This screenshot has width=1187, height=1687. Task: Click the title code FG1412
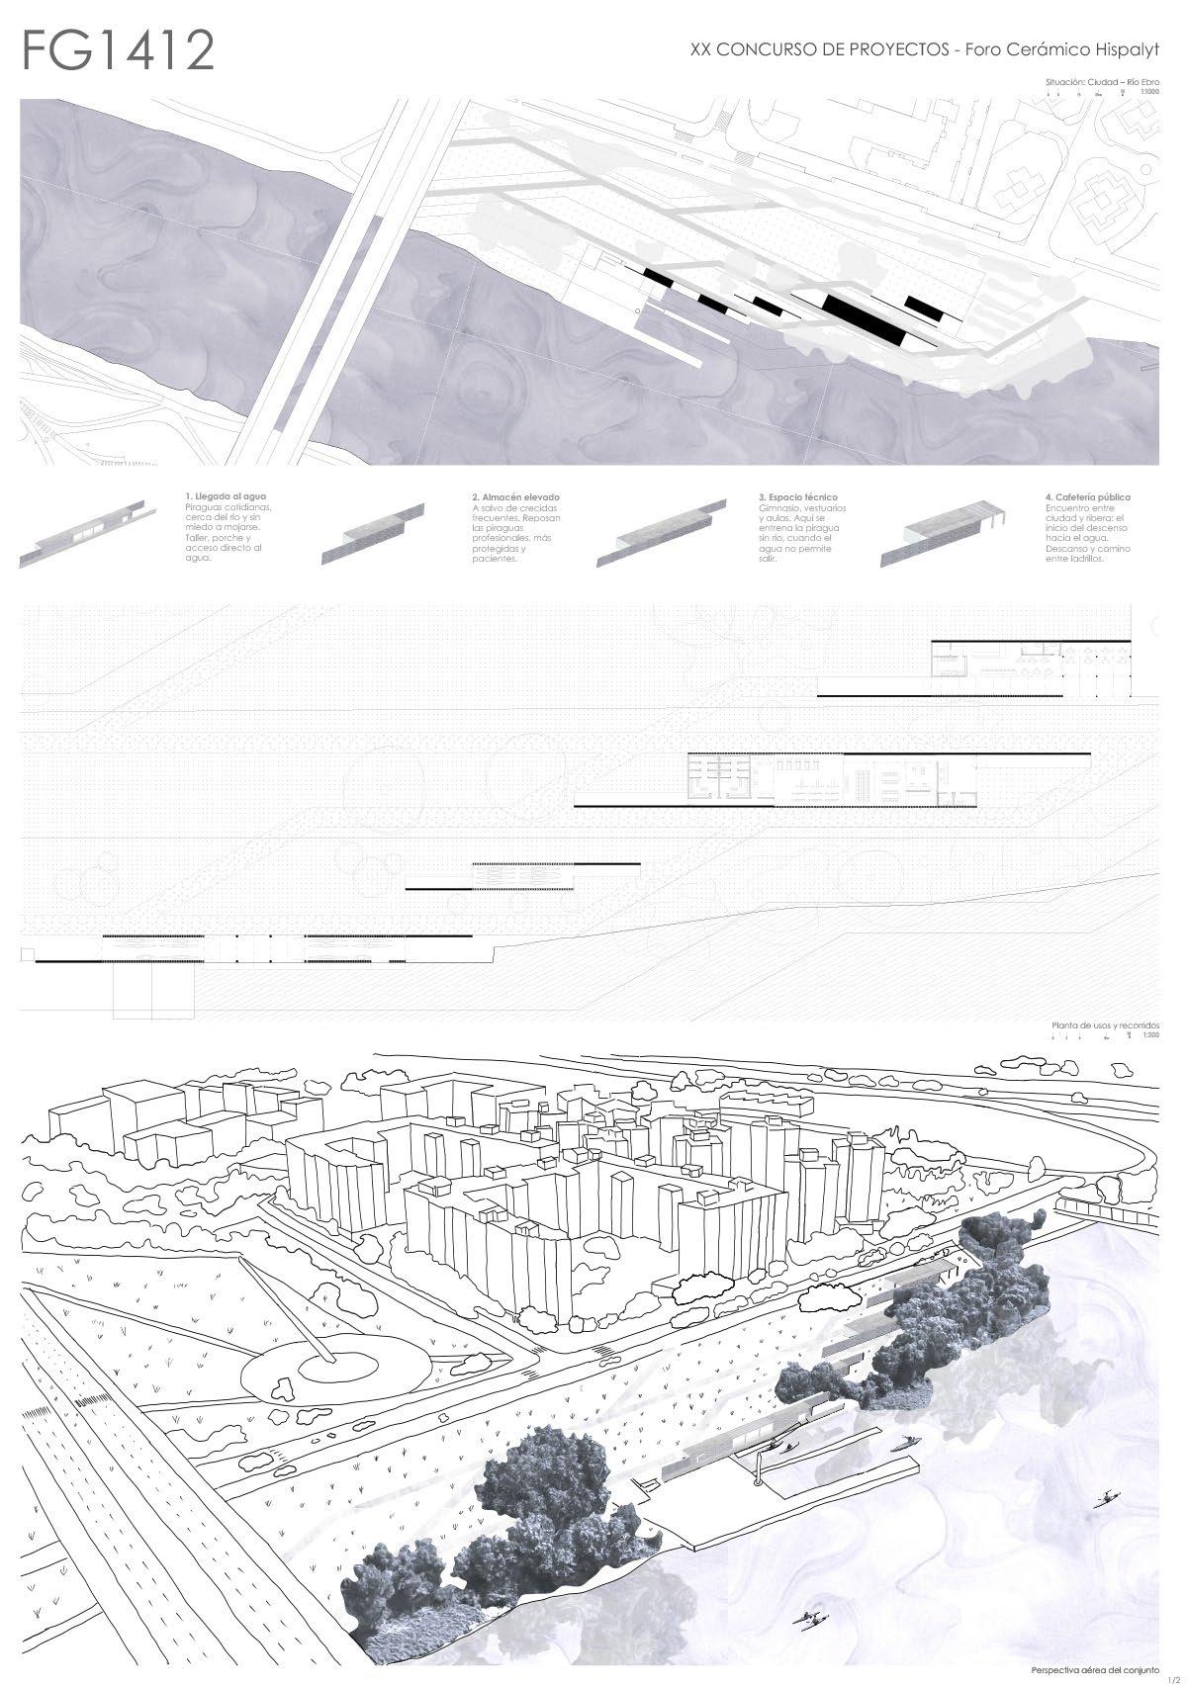pos(119,51)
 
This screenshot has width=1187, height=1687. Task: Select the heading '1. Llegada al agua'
pos(226,496)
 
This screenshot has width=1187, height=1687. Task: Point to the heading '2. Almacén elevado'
pos(516,496)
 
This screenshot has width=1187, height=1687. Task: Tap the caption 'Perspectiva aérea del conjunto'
pos(1093,1669)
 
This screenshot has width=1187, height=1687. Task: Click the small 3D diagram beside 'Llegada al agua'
pos(95,534)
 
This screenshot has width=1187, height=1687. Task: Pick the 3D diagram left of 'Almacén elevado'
pos(375,534)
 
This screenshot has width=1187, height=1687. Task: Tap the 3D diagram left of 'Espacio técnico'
pos(658,534)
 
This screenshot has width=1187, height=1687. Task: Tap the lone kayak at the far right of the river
pos(1106,1496)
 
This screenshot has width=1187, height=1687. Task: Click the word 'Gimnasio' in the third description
pos(777,507)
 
